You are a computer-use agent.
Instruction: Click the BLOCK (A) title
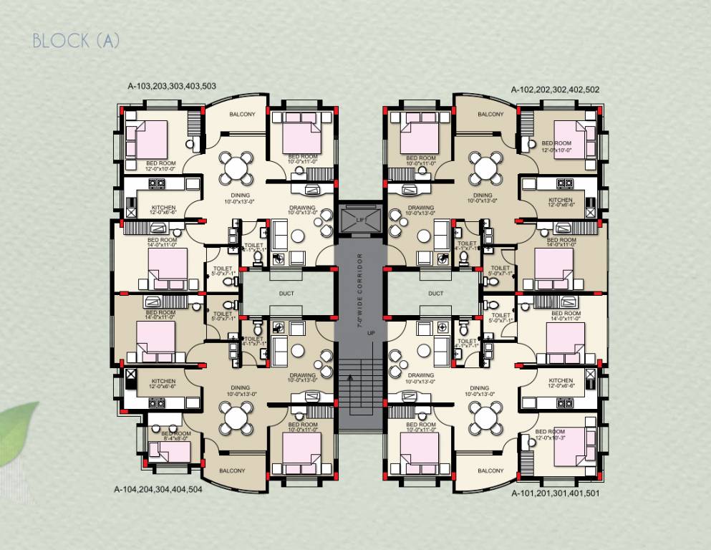76,41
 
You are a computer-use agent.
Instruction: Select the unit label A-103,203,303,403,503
172,86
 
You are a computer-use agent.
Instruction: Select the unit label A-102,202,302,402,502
555,90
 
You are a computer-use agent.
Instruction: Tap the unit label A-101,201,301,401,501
556,493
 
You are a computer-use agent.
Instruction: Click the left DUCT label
286,293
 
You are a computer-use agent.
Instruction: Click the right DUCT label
435,293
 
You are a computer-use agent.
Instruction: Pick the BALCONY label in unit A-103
242,115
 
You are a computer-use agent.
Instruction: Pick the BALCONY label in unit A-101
490,471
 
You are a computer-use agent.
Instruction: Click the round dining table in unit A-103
236,168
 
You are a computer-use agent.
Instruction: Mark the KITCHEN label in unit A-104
163,384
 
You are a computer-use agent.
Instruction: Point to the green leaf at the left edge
18,433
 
